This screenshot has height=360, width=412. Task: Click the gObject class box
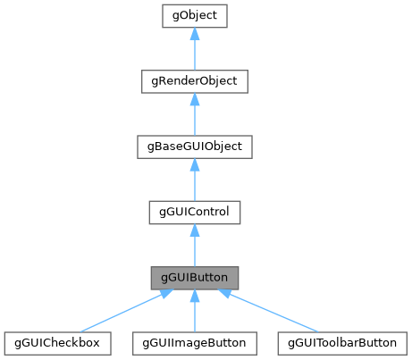coord(194,16)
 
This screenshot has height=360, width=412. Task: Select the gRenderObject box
coord(194,81)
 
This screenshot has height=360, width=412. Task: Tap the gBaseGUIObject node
coord(194,147)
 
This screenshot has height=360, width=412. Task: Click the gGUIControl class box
coord(194,212)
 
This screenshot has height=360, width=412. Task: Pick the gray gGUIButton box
coord(194,277)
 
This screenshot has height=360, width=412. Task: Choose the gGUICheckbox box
coord(57,342)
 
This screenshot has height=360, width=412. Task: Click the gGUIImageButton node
coord(194,342)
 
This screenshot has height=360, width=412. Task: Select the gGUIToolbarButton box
coord(337,342)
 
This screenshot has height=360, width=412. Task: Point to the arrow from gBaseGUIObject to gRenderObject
coord(194,117)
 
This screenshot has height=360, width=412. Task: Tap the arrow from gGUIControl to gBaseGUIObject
coord(194,182)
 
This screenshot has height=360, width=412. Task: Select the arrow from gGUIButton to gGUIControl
coord(194,247)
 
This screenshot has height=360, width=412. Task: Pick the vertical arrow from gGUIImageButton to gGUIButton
coord(194,313)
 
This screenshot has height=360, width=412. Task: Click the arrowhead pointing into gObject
coord(194,34)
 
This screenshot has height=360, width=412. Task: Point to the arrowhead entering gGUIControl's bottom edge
coord(194,230)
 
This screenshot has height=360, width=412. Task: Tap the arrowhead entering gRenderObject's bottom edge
coord(194,99)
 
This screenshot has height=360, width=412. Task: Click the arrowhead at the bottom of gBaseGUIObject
coord(194,164)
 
